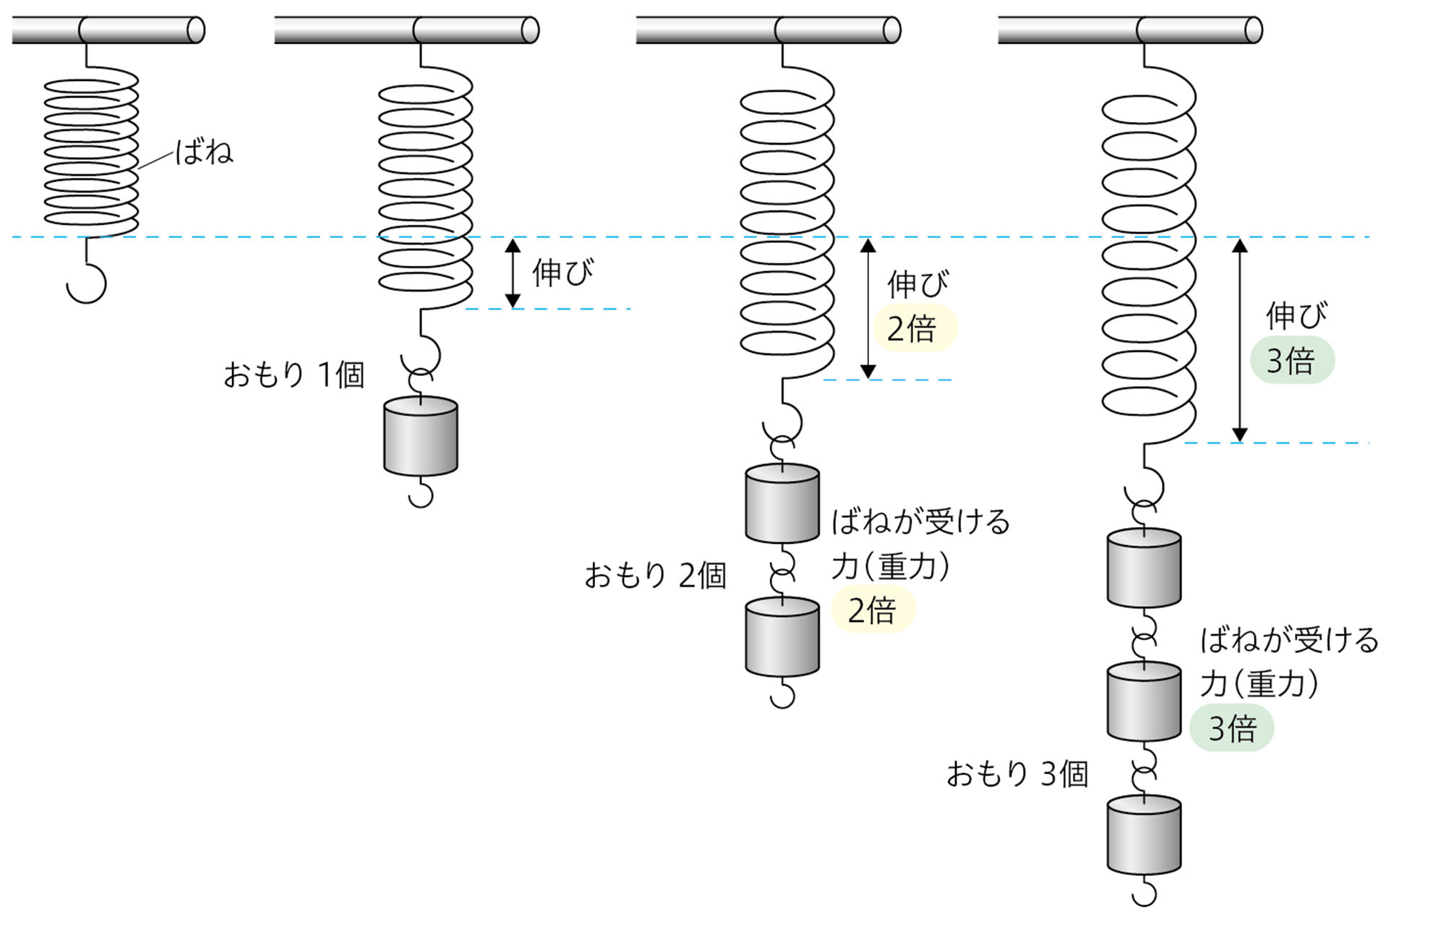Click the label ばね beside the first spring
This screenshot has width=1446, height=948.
(x=204, y=152)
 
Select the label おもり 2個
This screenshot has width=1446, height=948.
(x=655, y=576)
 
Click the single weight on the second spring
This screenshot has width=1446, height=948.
(x=420, y=436)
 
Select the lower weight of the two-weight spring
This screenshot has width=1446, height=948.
(x=782, y=637)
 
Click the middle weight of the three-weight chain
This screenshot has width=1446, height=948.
(x=1144, y=701)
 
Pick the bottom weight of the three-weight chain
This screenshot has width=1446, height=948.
(x=1144, y=835)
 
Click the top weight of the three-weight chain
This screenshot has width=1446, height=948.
(x=1144, y=568)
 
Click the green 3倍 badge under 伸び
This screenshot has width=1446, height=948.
(x=1292, y=360)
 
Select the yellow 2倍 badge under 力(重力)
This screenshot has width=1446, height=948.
(x=873, y=610)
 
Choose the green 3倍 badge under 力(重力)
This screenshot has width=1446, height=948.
(x=1231, y=728)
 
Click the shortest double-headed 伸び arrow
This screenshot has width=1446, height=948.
(x=513, y=273)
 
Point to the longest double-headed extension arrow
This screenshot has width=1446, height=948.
(x=1240, y=340)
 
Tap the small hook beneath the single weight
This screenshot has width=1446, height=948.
(x=421, y=495)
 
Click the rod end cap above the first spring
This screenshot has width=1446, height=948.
(x=195, y=30)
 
